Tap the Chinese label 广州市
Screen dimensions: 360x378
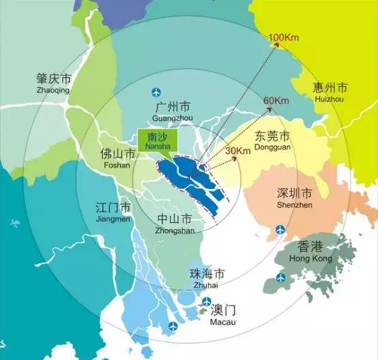[x=173, y=106]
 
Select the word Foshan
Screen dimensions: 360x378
[x=113, y=165]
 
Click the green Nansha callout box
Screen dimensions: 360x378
[x=158, y=140]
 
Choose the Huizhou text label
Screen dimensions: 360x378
[x=330, y=99]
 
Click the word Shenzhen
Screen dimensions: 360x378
[x=295, y=204]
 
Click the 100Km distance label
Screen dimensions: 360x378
[x=285, y=37]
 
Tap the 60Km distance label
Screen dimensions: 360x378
[x=275, y=101]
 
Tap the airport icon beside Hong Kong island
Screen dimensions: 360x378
[x=280, y=277]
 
